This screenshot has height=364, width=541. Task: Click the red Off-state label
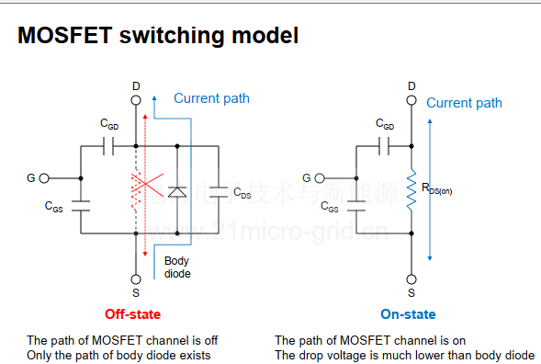click(x=132, y=314)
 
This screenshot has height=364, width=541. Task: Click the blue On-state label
click(x=408, y=314)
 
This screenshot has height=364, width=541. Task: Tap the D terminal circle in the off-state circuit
click(x=136, y=100)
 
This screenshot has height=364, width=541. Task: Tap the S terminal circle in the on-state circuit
click(x=411, y=279)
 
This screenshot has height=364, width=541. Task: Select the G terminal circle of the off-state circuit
click(x=44, y=178)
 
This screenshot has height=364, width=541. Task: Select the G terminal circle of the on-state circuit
click(x=320, y=178)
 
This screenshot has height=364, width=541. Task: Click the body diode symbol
click(x=177, y=192)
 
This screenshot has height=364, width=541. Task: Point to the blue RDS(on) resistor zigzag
click(x=411, y=189)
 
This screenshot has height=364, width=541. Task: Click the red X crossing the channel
click(x=148, y=184)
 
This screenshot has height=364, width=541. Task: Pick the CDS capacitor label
click(x=242, y=193)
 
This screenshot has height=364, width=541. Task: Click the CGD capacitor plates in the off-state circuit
click(x=108, y=146)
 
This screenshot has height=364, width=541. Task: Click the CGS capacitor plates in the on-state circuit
click(x=356, y=206)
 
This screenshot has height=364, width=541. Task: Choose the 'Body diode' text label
click(x=177, y=267)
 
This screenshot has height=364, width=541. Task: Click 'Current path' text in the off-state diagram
click(x=211, y=98)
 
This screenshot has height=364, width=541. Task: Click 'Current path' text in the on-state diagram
click(x=464, y=103)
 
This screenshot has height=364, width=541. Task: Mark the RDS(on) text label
click(x=436, y=189)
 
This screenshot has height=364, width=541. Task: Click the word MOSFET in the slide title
click(x=65, y=35)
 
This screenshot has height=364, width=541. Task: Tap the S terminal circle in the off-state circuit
click(x=136, y=279)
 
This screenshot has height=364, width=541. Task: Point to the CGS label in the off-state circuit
click(x=54, y=207)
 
